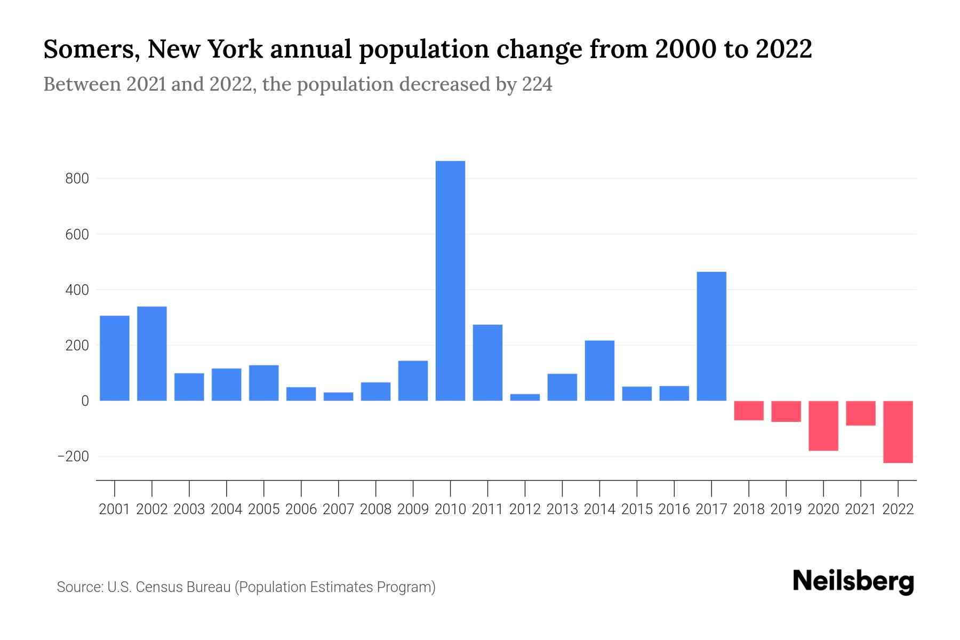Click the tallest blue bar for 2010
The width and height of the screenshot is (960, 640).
click(x=450, y=281)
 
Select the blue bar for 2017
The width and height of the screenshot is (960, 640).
click(x=711, y=336)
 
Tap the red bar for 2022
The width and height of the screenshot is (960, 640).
click(x=898, y=431)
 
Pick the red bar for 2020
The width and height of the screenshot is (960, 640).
click(x=823, y=426)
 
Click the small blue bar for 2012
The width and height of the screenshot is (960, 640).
click(x=525, y=397)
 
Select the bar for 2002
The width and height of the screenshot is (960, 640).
click(x=152, y=353)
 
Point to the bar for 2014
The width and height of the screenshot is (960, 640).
click(x=599, y=370)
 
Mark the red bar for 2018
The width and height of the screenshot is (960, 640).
click(x=749, y=410)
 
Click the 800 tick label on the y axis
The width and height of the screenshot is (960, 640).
click(x=77, y=179)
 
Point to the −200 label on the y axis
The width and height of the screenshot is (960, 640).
click(x=73, y=457)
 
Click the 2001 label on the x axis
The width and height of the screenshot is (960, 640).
click(x=115, y=509)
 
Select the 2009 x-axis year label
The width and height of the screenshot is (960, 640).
click(x=413, y=509)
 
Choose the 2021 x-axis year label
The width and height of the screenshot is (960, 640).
click(x=861, y=509)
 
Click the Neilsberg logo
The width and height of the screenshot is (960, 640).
click(x=853, y=581)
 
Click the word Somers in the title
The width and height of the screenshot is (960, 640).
click(x=91, y=50)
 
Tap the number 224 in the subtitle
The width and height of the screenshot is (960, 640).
click(x=537, y=84)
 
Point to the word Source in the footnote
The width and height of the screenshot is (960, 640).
click(x=79, y=587)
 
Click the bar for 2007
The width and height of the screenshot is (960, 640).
click(x=338, y=396)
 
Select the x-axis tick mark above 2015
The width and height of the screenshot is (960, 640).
click(x=637, y=488)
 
